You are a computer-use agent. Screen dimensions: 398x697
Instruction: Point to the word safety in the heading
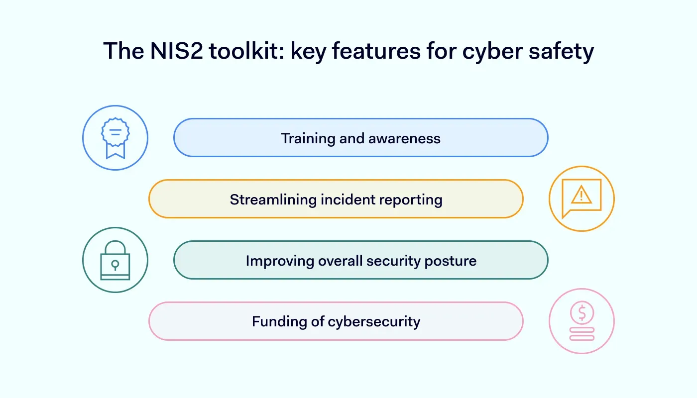pos(561,51)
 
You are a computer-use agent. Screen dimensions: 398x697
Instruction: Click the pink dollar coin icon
pos(581,313)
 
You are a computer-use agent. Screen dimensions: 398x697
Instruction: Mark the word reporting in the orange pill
pos(411,199)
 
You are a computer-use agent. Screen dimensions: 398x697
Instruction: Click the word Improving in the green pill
pos(276,261)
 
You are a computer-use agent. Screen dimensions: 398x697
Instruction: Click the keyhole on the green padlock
pos(115,265)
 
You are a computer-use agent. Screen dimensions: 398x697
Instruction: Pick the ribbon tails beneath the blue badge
pos(115,152)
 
